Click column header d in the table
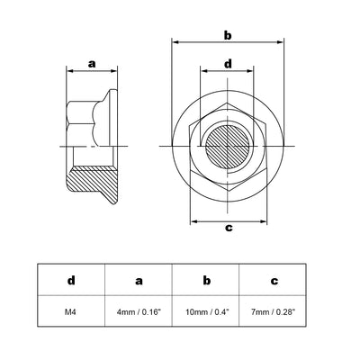coord(71,280)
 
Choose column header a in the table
coord(139,280)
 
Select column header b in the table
coord(206,280)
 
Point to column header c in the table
coord(274,280)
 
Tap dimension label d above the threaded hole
coord(228,64)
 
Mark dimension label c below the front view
coord(228,227)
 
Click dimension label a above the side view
coord(91,63)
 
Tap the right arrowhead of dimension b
coord(283,42)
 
